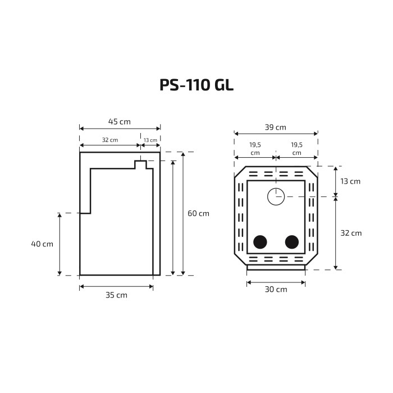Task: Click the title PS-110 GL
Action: pos(196,85)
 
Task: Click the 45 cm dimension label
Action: pos(119,122)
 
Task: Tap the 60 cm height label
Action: pos(198,213)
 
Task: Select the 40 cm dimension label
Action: pos(42,244)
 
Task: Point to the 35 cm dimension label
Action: pos(116,295)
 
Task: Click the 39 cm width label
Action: pos(276,127)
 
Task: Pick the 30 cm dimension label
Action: pos(276,290)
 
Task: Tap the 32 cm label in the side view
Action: pos(110,140)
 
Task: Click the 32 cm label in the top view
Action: pos(351,233)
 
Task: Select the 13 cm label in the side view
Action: pos(150,140)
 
